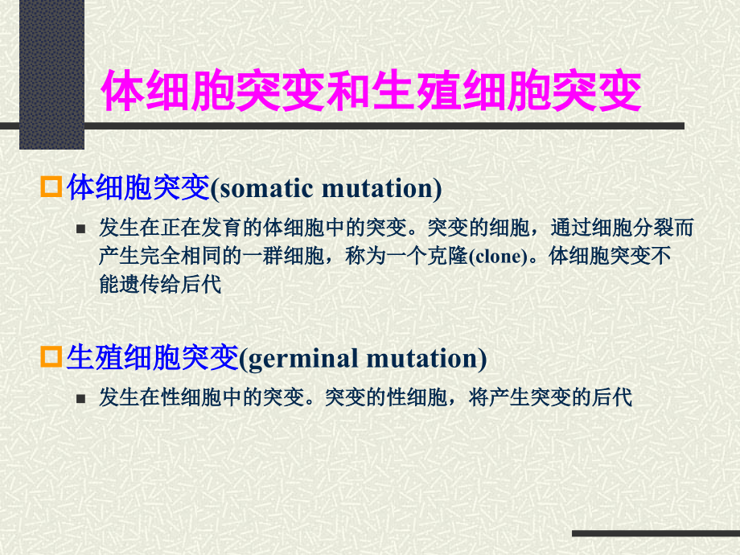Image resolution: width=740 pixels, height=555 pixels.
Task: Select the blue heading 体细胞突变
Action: coord(138,188)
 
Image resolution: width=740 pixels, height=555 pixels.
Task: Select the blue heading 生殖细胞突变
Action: coord(153,357)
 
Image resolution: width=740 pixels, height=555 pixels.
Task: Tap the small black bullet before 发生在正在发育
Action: coord(80,229)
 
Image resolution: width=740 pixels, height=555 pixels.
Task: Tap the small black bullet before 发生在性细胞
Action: coord(80,399)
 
